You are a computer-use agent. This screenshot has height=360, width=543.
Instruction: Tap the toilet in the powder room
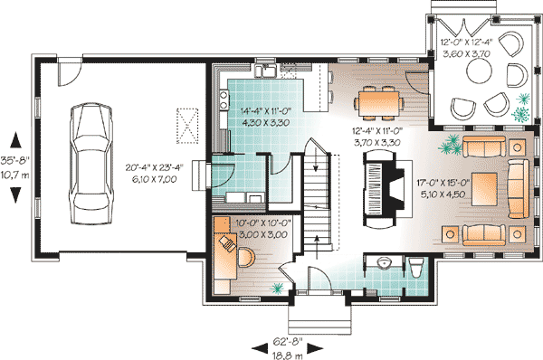415,269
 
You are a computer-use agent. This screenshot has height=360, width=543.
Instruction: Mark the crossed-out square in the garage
186,124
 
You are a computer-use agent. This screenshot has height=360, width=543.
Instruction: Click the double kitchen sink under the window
266,71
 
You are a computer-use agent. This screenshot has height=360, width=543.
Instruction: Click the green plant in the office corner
275,287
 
